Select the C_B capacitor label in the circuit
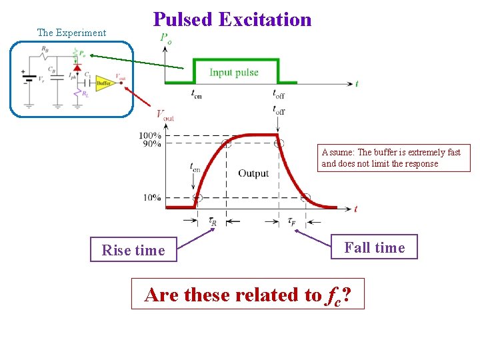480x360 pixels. coord(51,68)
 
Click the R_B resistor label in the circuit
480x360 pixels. coord(44,49)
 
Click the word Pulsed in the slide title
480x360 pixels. coord(182,19)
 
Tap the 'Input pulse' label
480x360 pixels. coord(234,72)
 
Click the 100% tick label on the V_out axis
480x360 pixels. coord(150,136)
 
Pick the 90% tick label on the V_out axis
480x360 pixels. coord(150,144)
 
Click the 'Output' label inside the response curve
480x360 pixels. coord(253,173)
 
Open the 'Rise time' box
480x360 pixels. coord(133,250)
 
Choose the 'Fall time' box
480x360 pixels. coord(374,247)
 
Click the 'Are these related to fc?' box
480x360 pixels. coord(248,295)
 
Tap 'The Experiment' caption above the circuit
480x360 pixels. coord(71,33)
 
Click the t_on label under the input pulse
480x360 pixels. coord(196,95)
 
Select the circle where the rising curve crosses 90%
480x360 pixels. coord(227,143)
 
